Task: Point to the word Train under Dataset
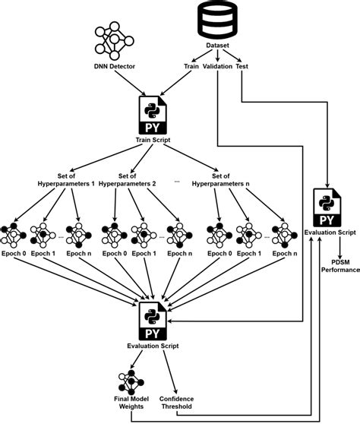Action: [x=192, y=66]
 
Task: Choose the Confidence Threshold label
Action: [x=178, y=402]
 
